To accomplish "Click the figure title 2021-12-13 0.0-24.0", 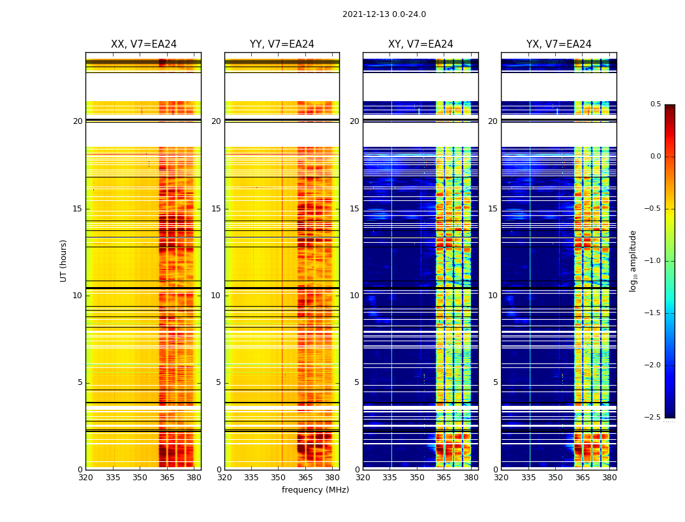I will (x=384, y=14).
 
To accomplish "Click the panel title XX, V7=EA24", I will (x=144, y=44).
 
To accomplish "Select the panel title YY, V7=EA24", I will (x=282, y=44).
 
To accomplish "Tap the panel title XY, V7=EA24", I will (x=421, y=44).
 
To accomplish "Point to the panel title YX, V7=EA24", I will (x=559, y=44).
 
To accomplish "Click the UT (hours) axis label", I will (x=64, y=260).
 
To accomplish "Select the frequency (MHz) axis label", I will (x=315, y=490).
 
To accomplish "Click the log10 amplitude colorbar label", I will (x=633, y=260).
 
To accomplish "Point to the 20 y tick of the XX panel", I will (x=78, y=121).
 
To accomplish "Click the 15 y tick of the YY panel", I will (x=216, y=209).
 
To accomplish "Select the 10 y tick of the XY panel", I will (x=354, y=296).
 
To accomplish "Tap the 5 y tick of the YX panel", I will (x=495, y=382).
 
